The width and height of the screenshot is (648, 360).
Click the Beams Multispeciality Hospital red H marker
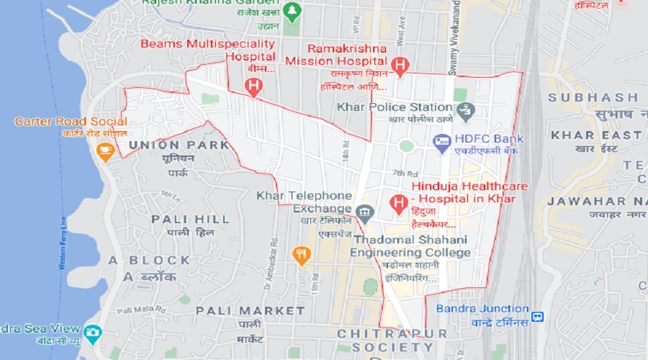click(253, 87)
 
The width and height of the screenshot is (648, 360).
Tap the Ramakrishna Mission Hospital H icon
click(400, 66)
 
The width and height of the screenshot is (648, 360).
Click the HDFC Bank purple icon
click(441, 143)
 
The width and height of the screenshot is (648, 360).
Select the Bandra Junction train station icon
click(537, 316)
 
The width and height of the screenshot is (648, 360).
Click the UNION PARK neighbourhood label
click(178, 145)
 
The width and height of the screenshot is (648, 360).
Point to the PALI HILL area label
click(190, 219)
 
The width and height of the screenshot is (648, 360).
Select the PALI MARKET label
click(250, 310)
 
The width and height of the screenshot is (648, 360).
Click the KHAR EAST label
click(595, 135)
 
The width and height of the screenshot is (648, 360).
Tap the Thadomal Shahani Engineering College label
click(410, 246)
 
